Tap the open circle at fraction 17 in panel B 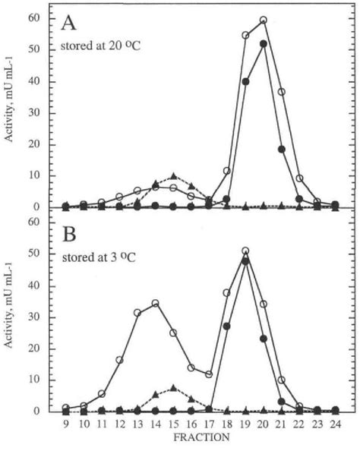[x=209, y=374]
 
